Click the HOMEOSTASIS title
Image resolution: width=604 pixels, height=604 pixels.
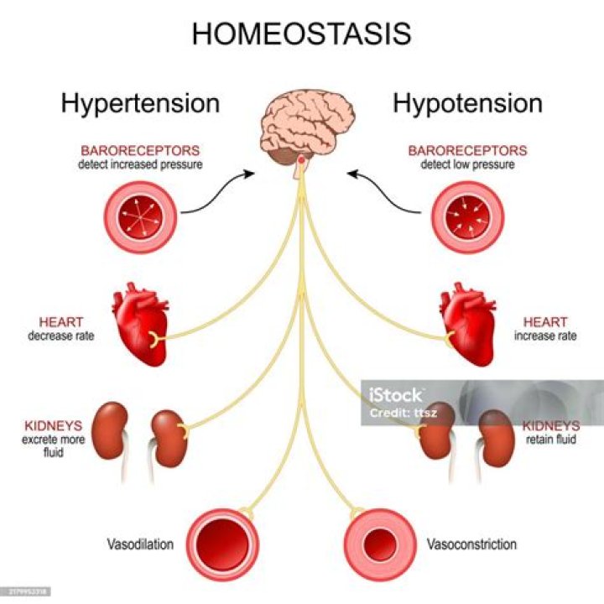301,34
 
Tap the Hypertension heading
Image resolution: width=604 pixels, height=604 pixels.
140,103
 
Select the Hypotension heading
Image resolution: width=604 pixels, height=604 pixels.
467,103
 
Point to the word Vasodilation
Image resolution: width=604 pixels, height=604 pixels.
140,544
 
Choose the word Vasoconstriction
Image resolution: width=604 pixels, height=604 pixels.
471,544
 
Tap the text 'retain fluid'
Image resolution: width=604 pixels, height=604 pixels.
550,439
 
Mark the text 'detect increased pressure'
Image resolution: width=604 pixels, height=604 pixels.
140,165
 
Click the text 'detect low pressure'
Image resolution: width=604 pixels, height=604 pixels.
467,165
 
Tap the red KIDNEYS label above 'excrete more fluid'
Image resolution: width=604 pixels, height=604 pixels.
43,425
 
